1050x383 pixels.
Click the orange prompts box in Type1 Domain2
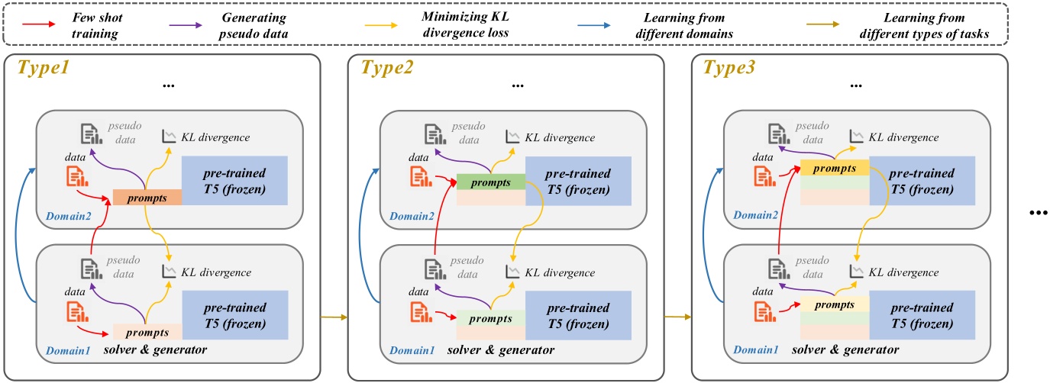click(147, 197)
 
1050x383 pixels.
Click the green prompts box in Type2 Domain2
click(490, 182)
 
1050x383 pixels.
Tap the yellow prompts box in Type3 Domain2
click(834, 168)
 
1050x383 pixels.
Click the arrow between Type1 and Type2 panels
click(334, 314)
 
